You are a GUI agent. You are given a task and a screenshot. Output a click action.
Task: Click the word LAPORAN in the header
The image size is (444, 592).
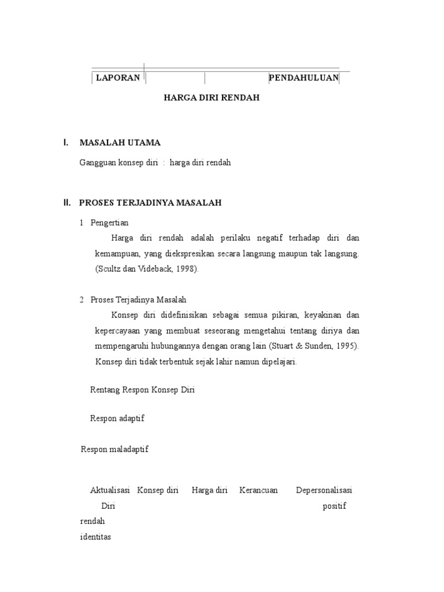(118, 78)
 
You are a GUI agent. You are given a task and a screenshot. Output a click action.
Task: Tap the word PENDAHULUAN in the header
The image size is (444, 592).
(304, 78)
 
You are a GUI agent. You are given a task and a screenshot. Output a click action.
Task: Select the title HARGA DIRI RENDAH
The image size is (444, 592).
(212, 98)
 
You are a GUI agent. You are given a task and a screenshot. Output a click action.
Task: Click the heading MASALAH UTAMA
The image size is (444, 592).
(120, 142)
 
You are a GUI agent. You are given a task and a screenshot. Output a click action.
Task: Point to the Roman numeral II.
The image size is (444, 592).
(66, 203)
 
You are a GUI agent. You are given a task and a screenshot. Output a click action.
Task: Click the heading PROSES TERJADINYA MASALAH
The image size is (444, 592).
(150, 203)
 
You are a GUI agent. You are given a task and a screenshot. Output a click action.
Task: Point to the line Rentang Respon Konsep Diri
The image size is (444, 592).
(143, 390)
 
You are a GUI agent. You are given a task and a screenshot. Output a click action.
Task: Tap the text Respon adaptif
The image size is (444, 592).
(117, 419)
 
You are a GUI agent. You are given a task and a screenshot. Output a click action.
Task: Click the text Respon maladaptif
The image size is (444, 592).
(114, 449)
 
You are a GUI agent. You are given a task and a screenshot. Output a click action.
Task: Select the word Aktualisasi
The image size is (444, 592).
(110, 490)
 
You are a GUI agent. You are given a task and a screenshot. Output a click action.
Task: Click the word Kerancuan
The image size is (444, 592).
(258, 490)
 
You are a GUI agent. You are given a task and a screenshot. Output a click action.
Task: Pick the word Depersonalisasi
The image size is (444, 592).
(324, 490)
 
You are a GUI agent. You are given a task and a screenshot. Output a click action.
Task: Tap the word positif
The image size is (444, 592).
(334, 506)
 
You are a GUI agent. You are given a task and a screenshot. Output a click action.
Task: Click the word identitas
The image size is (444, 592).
(95, 537)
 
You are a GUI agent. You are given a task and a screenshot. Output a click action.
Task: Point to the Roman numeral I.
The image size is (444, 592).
(66, 142)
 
